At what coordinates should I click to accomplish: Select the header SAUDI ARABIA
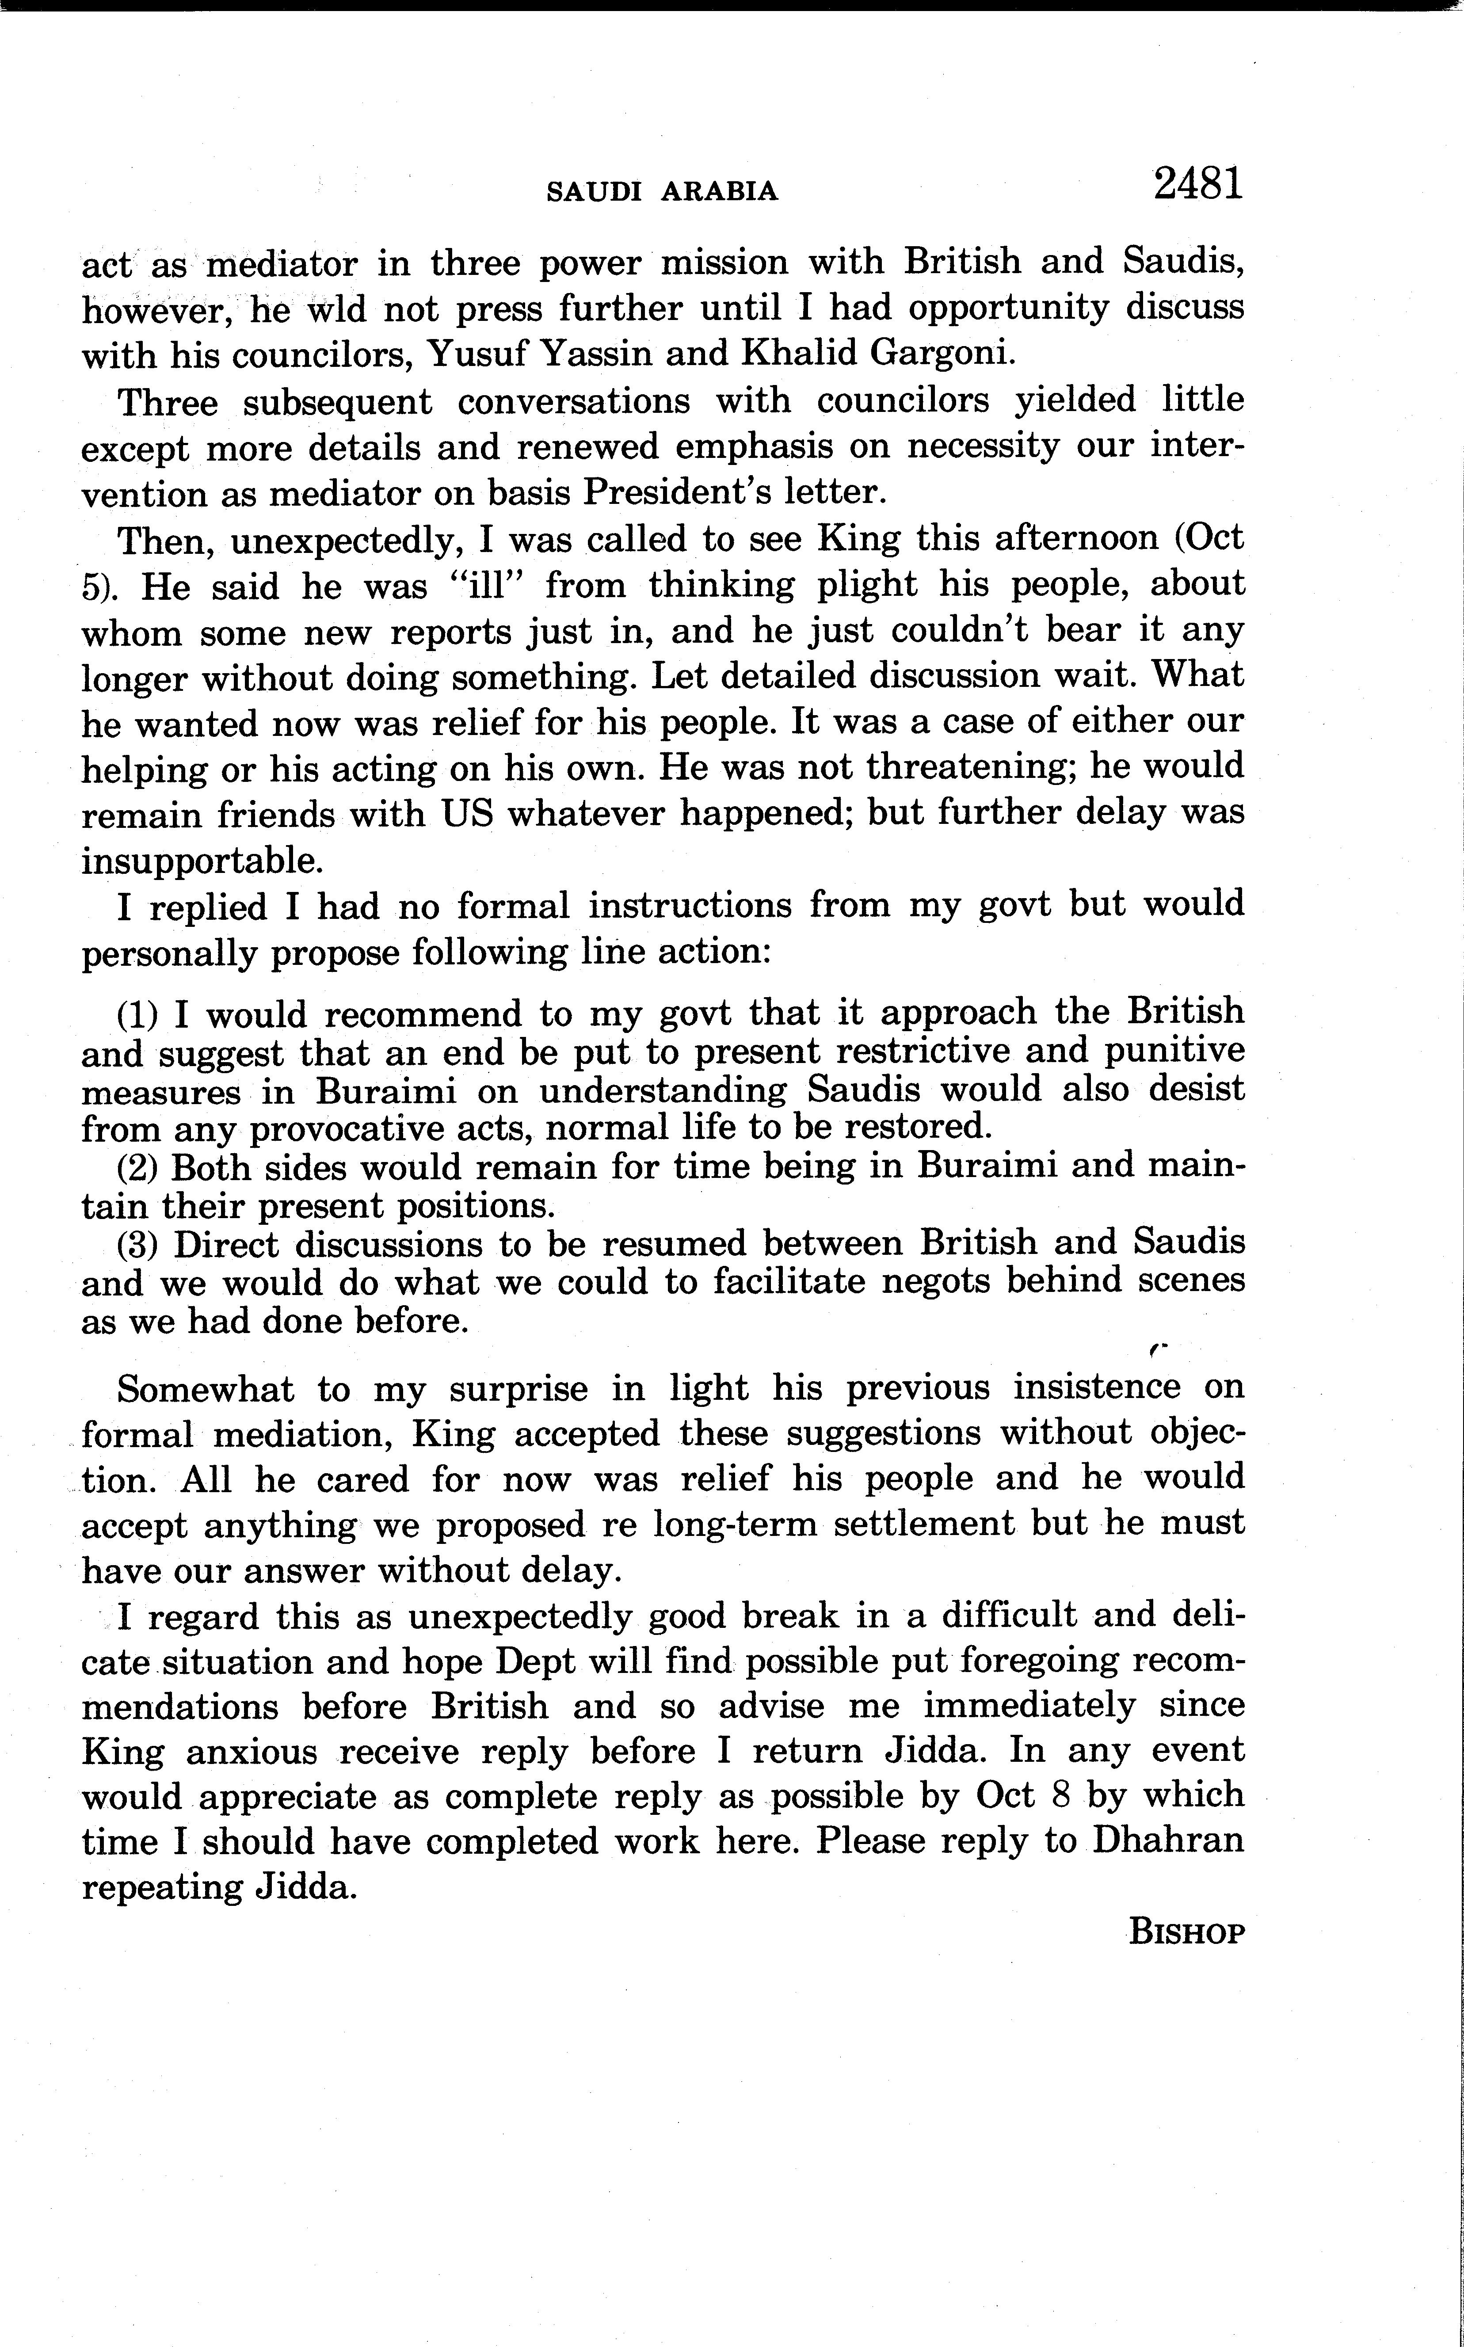point(662,192)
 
